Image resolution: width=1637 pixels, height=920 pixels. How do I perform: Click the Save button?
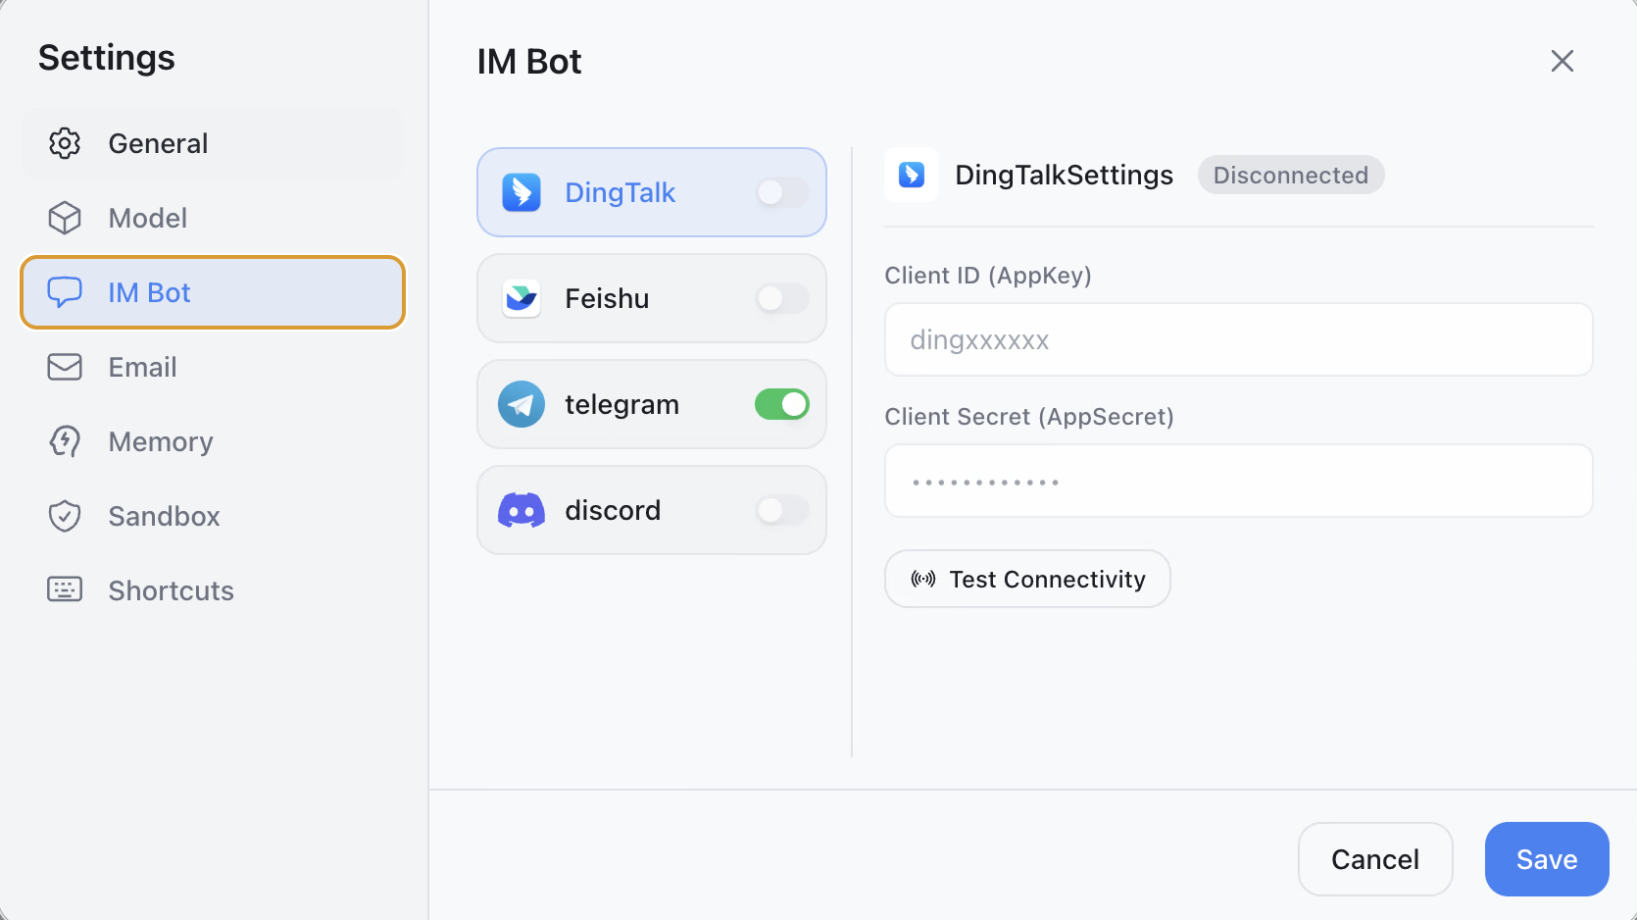[1547, 858]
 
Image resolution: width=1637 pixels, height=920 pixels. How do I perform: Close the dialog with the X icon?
[1562, 61]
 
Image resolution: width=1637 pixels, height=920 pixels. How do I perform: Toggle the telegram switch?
[782, 404]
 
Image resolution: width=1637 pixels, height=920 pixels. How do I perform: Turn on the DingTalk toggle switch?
[782, 192]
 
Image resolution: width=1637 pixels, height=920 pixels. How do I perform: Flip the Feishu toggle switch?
[782, 298]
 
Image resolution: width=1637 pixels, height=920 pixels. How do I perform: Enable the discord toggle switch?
[782, 510]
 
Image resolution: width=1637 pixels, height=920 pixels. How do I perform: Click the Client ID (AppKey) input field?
[1238, 339]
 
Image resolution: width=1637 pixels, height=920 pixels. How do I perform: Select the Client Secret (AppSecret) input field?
[1238, 481]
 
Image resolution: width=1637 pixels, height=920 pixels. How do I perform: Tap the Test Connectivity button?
[1026, 579]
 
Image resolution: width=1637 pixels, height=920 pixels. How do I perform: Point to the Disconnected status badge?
[1291, 175]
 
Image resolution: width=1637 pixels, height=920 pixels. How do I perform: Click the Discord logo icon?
[521, 510]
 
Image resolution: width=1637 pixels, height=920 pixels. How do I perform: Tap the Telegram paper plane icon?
[521, 404]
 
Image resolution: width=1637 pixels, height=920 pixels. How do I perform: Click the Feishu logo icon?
[521, 298]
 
